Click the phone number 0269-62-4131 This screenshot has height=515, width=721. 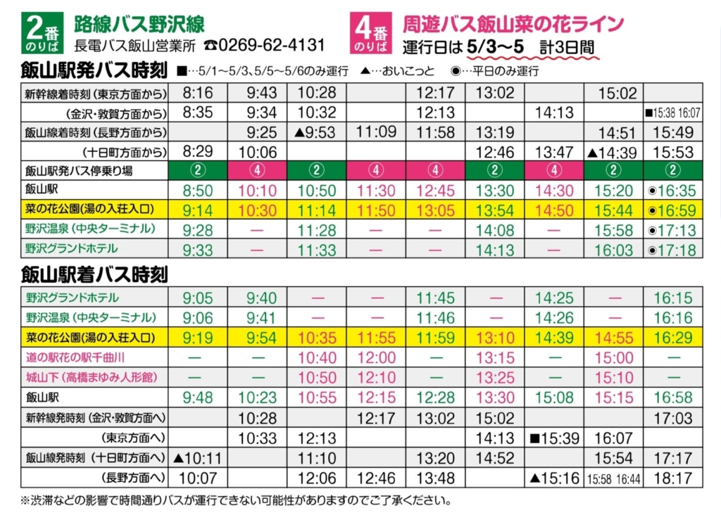pyautogui.click(x=271, y=45)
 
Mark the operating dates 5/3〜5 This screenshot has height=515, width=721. pyautogui.click(x=496, y=47)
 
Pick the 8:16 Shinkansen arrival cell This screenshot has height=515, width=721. pyautogui.click(x=198, y=93)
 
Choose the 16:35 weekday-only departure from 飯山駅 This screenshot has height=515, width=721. pyautogui.click(x=672, y=190)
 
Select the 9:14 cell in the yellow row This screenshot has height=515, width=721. pyautogui.click(x=198, y=210)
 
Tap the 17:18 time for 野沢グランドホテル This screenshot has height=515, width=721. pyautogui.click(x=672, y=249)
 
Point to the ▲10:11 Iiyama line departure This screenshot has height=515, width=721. pyautogui.click(x=198, y=458)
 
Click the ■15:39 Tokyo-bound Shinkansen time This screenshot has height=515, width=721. pyautogui.click(x=556, y=438)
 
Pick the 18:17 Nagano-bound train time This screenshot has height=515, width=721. pyautogui.click(x=672, y=478)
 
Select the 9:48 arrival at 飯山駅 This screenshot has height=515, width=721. pyautogui.click(x=198, y=398)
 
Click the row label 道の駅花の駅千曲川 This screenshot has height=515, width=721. pyautogui.click(x=76, y=358)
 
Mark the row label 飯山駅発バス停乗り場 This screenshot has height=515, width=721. pyautogui.click(x=79, y=170)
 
